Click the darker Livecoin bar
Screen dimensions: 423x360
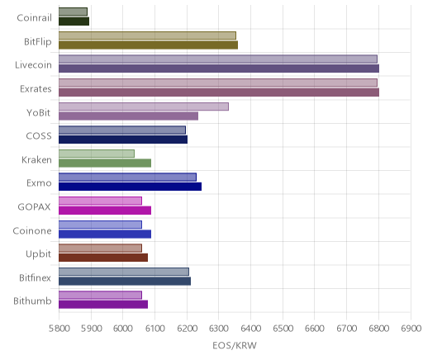point(219,69)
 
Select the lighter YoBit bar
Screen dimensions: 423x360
point(144,107)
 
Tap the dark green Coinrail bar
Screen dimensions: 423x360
point(74,21)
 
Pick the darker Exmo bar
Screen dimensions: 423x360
point(130,187)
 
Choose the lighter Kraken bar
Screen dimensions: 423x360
point(97,154)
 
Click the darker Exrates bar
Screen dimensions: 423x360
point(219,92)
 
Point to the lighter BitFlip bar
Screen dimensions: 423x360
point(147,36)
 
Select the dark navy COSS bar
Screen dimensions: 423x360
point(123,140)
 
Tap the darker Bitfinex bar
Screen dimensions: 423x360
point(125,281)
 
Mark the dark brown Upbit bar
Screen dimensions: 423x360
point(103,258)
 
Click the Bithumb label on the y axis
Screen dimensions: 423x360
point(32,301)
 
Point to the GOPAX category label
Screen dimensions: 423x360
point(35,206)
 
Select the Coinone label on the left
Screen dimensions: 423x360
point(32,230)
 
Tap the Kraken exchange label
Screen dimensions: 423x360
point(36,159)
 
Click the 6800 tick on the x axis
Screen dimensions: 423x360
point(378,328)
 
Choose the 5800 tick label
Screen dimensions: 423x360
point(59,328)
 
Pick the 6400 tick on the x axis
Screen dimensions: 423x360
point(251,328)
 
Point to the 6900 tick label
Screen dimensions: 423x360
point(411,328)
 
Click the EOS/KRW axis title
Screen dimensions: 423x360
point(235,345)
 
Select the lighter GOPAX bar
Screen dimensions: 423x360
point(100,201)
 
